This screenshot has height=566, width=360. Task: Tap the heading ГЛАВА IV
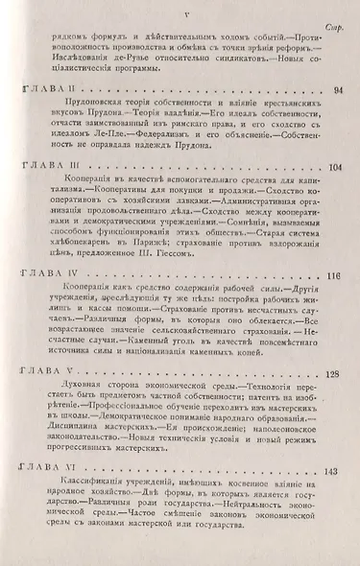point(52,275)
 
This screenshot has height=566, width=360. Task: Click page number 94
point(337,90)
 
